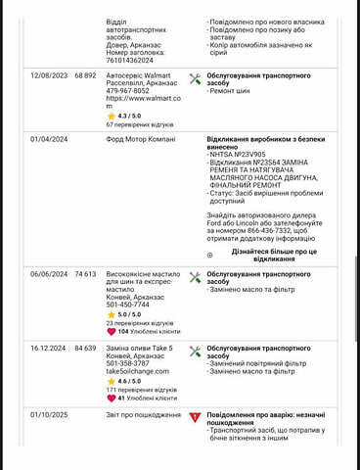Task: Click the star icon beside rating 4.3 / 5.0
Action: click(112, 116)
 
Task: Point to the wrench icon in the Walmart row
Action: click(196, 77)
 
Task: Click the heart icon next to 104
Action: click(112, 332)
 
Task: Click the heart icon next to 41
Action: click(112, 399)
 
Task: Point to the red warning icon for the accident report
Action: click(196, 418)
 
